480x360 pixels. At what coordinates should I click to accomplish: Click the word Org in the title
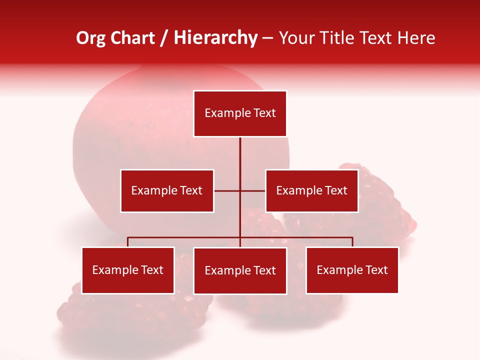tap(90, 38)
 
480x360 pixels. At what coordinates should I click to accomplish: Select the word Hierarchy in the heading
tap(215, 38)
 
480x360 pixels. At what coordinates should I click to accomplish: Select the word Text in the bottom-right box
tap(376, 270)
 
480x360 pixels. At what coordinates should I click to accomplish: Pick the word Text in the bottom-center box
tap(264, 270)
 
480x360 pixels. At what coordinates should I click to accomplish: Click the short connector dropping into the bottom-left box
tap(127, 242)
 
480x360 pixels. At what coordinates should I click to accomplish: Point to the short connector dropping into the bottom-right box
tap(352, 242)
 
